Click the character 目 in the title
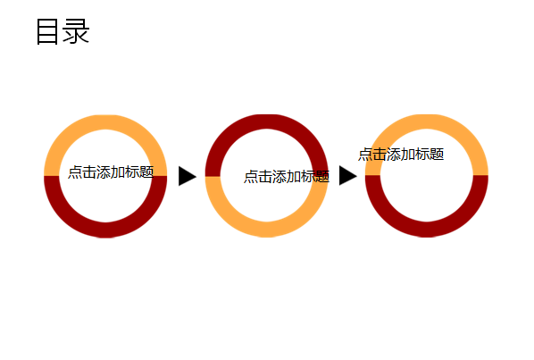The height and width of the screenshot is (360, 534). pos(47,31)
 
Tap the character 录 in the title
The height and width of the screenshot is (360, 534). pos(76,31)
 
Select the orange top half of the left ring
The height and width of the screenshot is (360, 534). pos(105,122)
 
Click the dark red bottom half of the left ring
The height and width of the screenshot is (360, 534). pos(105,230)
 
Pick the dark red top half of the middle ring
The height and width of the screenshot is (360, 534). pos(266,121)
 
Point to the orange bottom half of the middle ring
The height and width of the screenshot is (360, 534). pos(266,230)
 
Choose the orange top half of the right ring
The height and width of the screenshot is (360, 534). pos(426,121)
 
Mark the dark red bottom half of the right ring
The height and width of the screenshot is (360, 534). pos(426,230)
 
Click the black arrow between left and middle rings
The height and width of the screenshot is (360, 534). pos(188,176)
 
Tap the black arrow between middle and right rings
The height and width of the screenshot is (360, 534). pos(348,176)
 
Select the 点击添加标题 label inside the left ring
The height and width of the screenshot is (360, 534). pos(111,172)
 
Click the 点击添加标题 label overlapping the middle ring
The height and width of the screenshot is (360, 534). pos(287,177)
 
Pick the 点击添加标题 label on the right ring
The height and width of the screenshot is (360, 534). pos(401,155)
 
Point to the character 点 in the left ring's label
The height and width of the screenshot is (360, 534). pos(75,172)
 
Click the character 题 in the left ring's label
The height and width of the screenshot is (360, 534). pos(146,172)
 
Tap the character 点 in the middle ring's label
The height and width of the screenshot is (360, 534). pos(251,177)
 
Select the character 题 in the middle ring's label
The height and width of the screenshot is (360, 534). pos(322,177)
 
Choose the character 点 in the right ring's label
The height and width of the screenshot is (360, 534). pos(365,155)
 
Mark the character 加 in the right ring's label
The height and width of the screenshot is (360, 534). pos(408,155)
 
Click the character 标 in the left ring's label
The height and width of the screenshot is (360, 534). pos(132,172)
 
